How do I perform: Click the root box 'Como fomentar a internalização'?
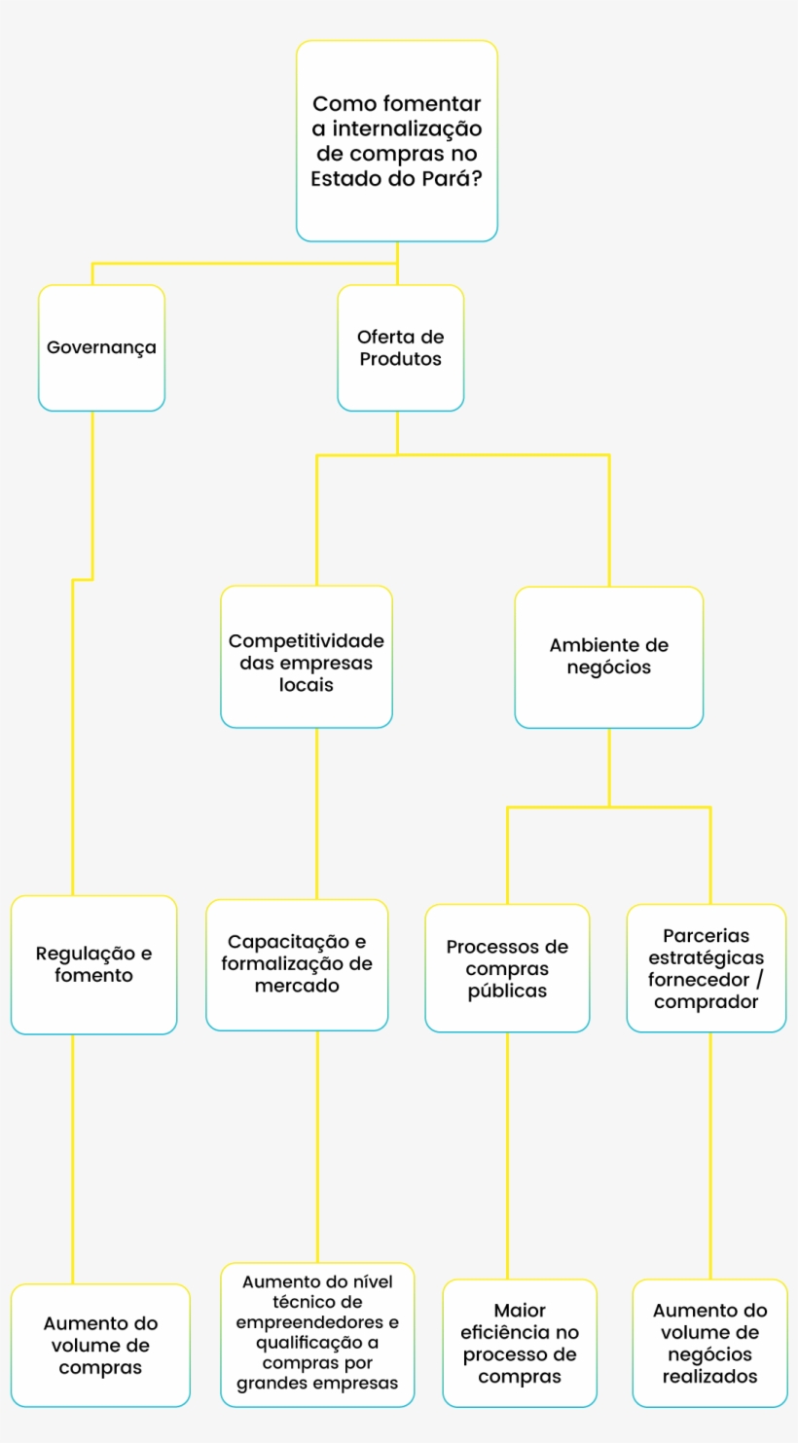(397, 141)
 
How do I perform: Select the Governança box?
(101, 347)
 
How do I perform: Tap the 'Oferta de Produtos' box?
(400, 347)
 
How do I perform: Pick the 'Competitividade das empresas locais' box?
(307, 657)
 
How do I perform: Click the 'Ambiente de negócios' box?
(608, 657)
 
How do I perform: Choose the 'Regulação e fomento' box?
(93, 964)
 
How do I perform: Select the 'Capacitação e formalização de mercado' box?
(297, 964)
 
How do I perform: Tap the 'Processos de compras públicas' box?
(507, 968)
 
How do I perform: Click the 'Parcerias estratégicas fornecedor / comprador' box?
(706, 968)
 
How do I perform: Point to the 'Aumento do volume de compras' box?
(100, 1345)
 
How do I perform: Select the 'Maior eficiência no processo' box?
(520, 1343)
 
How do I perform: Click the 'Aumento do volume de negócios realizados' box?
(709, 1343)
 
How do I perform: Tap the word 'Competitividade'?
(307, 641)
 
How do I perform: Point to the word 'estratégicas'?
(706, 957)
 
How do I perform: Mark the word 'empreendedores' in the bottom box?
(317, 1323)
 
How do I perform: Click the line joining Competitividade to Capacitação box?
(316, 812)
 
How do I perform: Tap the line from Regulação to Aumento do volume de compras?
(73, 1158)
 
